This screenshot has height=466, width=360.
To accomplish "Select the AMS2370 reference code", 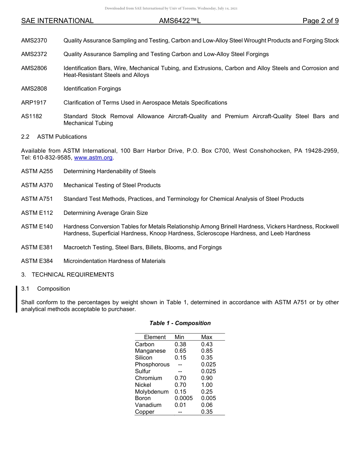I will (x=34, y=41).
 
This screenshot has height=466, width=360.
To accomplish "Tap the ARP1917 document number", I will (x=34, y=103).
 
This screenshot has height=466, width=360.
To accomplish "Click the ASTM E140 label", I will (x=37, y=227).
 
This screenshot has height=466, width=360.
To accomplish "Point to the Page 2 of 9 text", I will (x=321, y=21).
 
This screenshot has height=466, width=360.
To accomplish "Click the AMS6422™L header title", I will (x=180, y=21).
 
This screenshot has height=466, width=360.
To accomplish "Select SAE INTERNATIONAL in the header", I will (x=57, y=21).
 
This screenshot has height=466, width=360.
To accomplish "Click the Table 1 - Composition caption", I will (x=180, y=323).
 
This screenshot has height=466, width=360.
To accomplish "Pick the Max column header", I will (x=207, y=337).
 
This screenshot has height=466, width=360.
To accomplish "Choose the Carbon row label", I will (x=145, y=344).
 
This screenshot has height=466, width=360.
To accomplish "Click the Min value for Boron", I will (x=183, y=398).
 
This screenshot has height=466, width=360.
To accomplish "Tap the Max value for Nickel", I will (x=207, y=385).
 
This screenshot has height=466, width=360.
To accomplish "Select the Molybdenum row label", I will (x=152, y=392).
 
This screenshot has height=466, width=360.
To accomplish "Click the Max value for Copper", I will (x=207, y=412).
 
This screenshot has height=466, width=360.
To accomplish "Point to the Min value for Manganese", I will (x=180, y=351).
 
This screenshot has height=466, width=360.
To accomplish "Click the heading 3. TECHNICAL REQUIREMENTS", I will (x=67, y=275).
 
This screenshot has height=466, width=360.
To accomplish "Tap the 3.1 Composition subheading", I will (x=45, y=289).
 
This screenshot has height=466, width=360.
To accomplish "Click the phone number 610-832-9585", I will (x=52, y=158).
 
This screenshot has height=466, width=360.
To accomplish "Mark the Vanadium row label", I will (x=148, y=405).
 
